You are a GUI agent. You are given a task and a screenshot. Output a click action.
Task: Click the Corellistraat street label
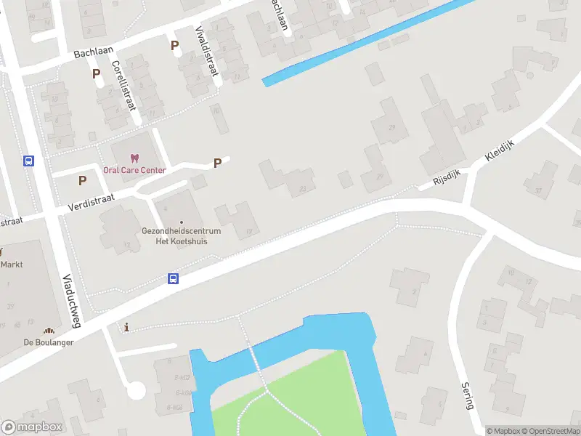(124, 85)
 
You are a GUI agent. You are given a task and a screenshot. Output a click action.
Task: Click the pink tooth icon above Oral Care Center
(134, 158)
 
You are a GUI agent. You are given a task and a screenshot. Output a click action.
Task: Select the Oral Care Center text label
(134, 171)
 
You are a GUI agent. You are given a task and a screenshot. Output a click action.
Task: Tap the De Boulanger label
(49, 342)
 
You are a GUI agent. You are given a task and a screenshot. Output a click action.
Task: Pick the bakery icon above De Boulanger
(49, 331)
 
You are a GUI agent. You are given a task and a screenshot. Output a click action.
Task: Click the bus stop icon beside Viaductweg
(28, 161)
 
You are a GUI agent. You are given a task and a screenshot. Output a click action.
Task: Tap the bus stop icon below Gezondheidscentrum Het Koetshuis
(174, 278)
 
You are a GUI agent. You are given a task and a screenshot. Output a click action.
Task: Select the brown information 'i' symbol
(128, 328)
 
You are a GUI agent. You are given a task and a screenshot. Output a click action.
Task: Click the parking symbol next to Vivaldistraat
(174, 46)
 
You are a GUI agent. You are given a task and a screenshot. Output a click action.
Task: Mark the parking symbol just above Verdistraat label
(82, 180)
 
